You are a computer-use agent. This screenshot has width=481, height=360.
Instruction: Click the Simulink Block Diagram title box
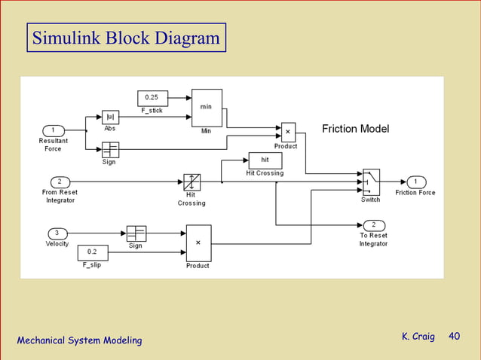tap(126, 38)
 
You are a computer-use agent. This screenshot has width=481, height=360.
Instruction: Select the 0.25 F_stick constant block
tap(152, 98)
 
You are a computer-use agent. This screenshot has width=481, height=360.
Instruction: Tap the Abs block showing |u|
tap(110, 117)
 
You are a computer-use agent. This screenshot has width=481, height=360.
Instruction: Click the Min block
tap(207, 108)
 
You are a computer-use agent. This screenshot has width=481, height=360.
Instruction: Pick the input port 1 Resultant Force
tap(54, 130)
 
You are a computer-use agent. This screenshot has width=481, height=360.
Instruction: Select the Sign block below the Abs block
tap(110, 149)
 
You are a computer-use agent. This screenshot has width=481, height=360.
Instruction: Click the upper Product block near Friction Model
tap(288, 132)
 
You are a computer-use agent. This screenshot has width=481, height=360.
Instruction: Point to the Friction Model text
tap(355, 129)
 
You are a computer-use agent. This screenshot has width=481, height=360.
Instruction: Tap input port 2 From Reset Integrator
tap(60, 182)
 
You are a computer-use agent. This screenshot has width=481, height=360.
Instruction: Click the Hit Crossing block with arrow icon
tap(192, 182)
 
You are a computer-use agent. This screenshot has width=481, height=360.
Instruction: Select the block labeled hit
tap(265, 160)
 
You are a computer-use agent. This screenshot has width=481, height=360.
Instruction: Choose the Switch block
tap(371, 182)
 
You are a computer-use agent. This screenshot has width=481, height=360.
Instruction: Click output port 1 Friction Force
tap(416, 182)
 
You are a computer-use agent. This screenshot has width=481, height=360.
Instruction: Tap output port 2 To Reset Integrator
tap(374, 225)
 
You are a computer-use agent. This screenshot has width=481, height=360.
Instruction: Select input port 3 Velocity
tap(57, 233)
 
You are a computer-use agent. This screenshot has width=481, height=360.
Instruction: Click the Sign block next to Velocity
tap(136, 233)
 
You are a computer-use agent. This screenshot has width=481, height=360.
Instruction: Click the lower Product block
tap(198, 243)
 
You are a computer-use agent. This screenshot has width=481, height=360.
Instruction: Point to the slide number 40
tap(454, 336)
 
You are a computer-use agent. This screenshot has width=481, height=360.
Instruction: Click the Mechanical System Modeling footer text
tap(79, 341)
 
